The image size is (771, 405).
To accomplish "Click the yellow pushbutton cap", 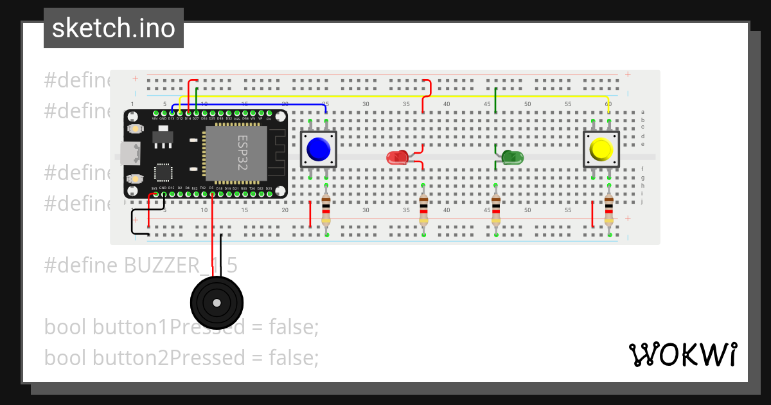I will click(601, 150).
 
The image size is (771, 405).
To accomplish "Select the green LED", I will click(512, 157).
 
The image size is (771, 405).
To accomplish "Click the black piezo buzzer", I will click(217, 303).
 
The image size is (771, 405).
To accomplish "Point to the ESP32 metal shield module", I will click(235, 153).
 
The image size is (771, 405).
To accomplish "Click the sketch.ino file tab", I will click(114, 28).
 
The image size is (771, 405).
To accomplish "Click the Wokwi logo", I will click(682, 354).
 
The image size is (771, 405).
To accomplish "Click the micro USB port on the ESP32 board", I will click(131, 153).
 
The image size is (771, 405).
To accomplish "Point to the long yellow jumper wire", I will click(398, 97).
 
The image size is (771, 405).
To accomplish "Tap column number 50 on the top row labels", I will click(527, 104).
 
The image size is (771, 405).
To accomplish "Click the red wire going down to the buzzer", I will click(212, 238).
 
